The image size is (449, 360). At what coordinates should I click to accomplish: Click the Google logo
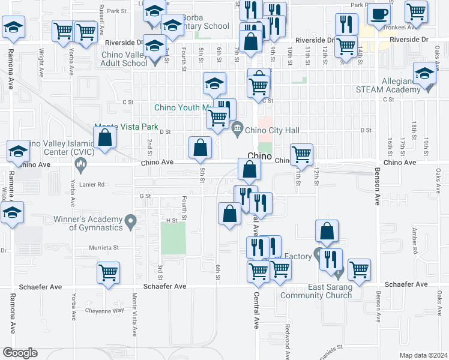point(20,352)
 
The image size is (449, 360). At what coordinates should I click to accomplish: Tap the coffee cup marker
point(378,14)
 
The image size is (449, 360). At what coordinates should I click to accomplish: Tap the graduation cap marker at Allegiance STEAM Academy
point(425,75)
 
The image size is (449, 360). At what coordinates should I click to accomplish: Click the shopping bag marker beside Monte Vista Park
point(104,138)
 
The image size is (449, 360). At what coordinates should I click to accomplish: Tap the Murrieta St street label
point(104,247)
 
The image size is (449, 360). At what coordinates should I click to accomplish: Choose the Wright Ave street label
point(41,60)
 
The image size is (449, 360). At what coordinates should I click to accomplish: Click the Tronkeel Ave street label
point(401,27)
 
